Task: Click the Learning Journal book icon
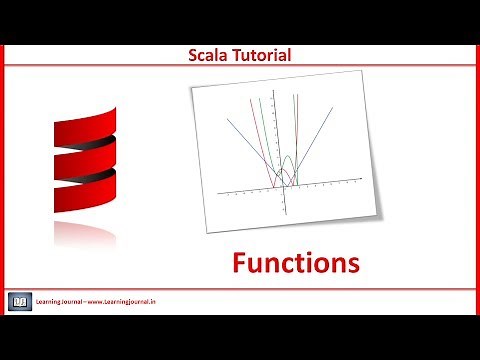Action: pos(20,300)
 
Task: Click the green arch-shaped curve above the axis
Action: pos(287,160)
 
